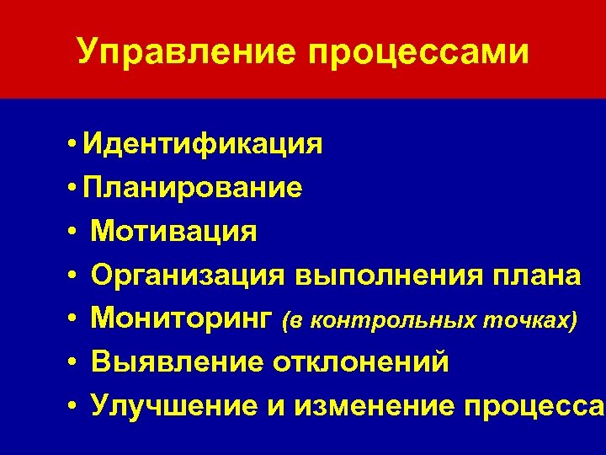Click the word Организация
coord(189,276)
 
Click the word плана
coord(536,276)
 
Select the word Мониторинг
coord(182,318)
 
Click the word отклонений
coord(360,362)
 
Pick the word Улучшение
coord(176,406)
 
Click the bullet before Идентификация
coord(75,144)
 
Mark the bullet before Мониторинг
coord(75,319)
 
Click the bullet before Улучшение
coord(75,407)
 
